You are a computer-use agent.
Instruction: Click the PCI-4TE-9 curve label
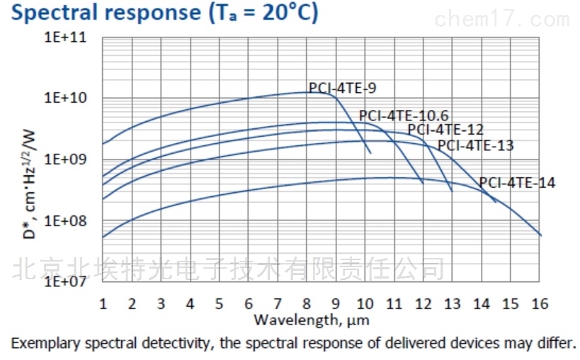pyautogui.click(x=342, y=89)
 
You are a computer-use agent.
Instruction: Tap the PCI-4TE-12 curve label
pyautogui.click(x=445, y=130)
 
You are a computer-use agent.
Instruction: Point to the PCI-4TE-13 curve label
pyautogui.click(x=475, y=146)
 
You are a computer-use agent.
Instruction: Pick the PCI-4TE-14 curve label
pyautogui.click(x=517, y=183)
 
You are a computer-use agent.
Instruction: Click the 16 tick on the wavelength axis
pyautogui.click(x=540, y=303)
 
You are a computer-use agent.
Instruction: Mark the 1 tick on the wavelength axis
pyautogui.click(x=103, y=303)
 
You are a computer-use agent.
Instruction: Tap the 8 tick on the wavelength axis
pyautogui.click(x=307, y=303)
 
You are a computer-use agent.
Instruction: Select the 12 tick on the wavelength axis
pyautogui.click(x=423, y=303)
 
